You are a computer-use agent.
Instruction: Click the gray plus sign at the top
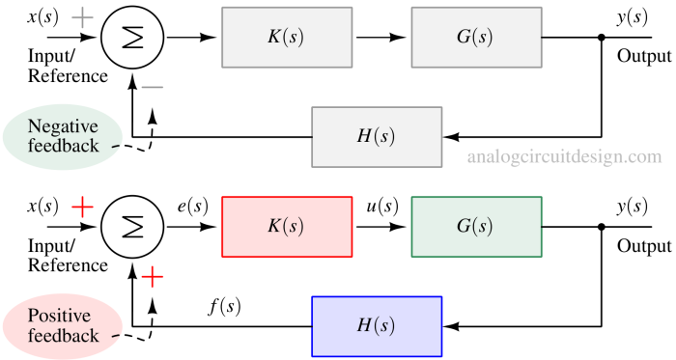pyautogui.click(x=83, y=18)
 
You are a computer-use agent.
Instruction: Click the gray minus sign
pyautogui.click(x=153, y=88)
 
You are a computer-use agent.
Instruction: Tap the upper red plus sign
pyautogui.click(x=83, y=207)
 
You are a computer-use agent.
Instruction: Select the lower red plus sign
pyautogui.click(x=153, y=277)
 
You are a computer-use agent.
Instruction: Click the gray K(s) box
pyautogui.click(x=286, y=38)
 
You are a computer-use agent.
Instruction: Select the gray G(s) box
pyautogui.click(x=475, y=38)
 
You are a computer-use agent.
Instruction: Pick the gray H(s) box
pyautogui.click(x=377, y=137)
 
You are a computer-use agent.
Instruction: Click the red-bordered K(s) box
pyautogui.click(x=287, y=227)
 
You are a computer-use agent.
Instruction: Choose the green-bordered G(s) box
pyautogui.click(x=476, y=227)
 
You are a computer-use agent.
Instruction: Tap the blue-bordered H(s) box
pyautogui.click(x=377, y=326)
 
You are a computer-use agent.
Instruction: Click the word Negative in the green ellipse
pyautogui.click(x=64, y=127)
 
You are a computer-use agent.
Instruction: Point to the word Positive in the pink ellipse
pyautogui.click(x=60, y=317)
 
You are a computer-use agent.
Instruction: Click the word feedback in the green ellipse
pyautogui.click(x=63, y=147)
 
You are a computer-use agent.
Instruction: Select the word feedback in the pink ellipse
pyautogui.click(x=63, y=336)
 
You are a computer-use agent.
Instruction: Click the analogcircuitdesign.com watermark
pyautogui.click(x=565, y=156)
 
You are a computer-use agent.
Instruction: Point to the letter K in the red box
pyautogui.click(x=273, y=227)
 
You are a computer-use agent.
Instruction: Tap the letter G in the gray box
pyautogui.click(x=463, y=38)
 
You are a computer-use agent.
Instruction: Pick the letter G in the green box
pyautogui.click(x=463, y=227)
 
